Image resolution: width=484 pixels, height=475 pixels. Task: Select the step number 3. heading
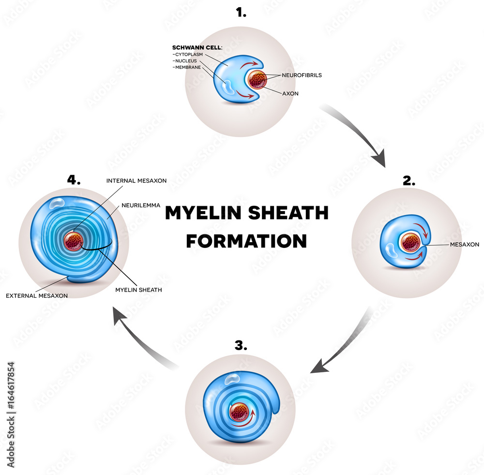tap(241, 345)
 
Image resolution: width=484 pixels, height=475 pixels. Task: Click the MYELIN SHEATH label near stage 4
tap(138, 290)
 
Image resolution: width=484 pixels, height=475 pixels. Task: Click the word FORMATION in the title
tap(246, 241)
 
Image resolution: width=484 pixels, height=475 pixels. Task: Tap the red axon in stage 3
tap(240, 413)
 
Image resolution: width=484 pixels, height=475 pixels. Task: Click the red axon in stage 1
tap(257, 80)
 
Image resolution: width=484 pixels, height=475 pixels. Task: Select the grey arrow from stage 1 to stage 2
tap(358, 133)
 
